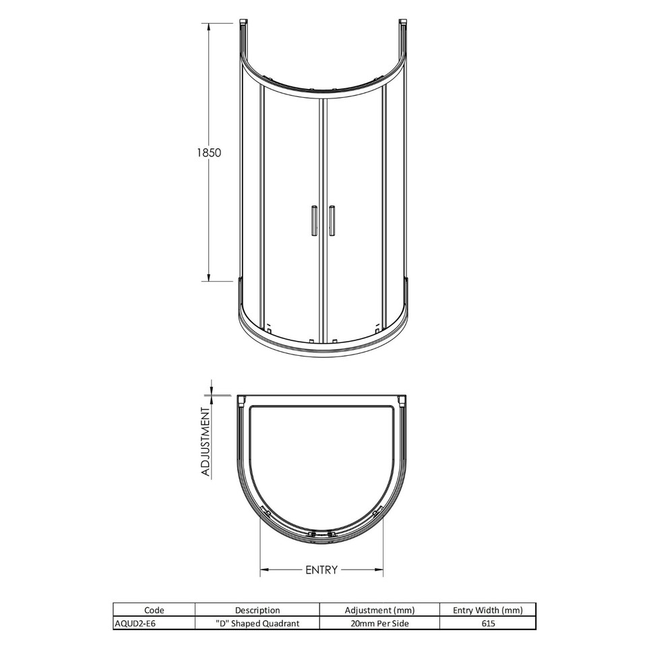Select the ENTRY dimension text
pyautogui.click(x=321, y=570)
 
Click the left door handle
pyautogui.click(x=312, y=220)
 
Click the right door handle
pyautogui.click(x=332, y=220)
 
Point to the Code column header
pyautogui.click(x=154, y=610)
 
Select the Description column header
pyautogui.click(x=257, y=610)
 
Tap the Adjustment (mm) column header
pyautogui.click(x=379, y=610)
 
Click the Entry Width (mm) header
pyautogui.click(x=487, y=610)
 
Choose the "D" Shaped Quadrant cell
pyautogui.click(x=257, y=623)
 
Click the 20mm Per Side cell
pyautogui.click(x=379, y=623)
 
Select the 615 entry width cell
pyautogui.click(x=488, y=623)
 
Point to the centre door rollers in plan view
pyautogui.click(x=321, y=535)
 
